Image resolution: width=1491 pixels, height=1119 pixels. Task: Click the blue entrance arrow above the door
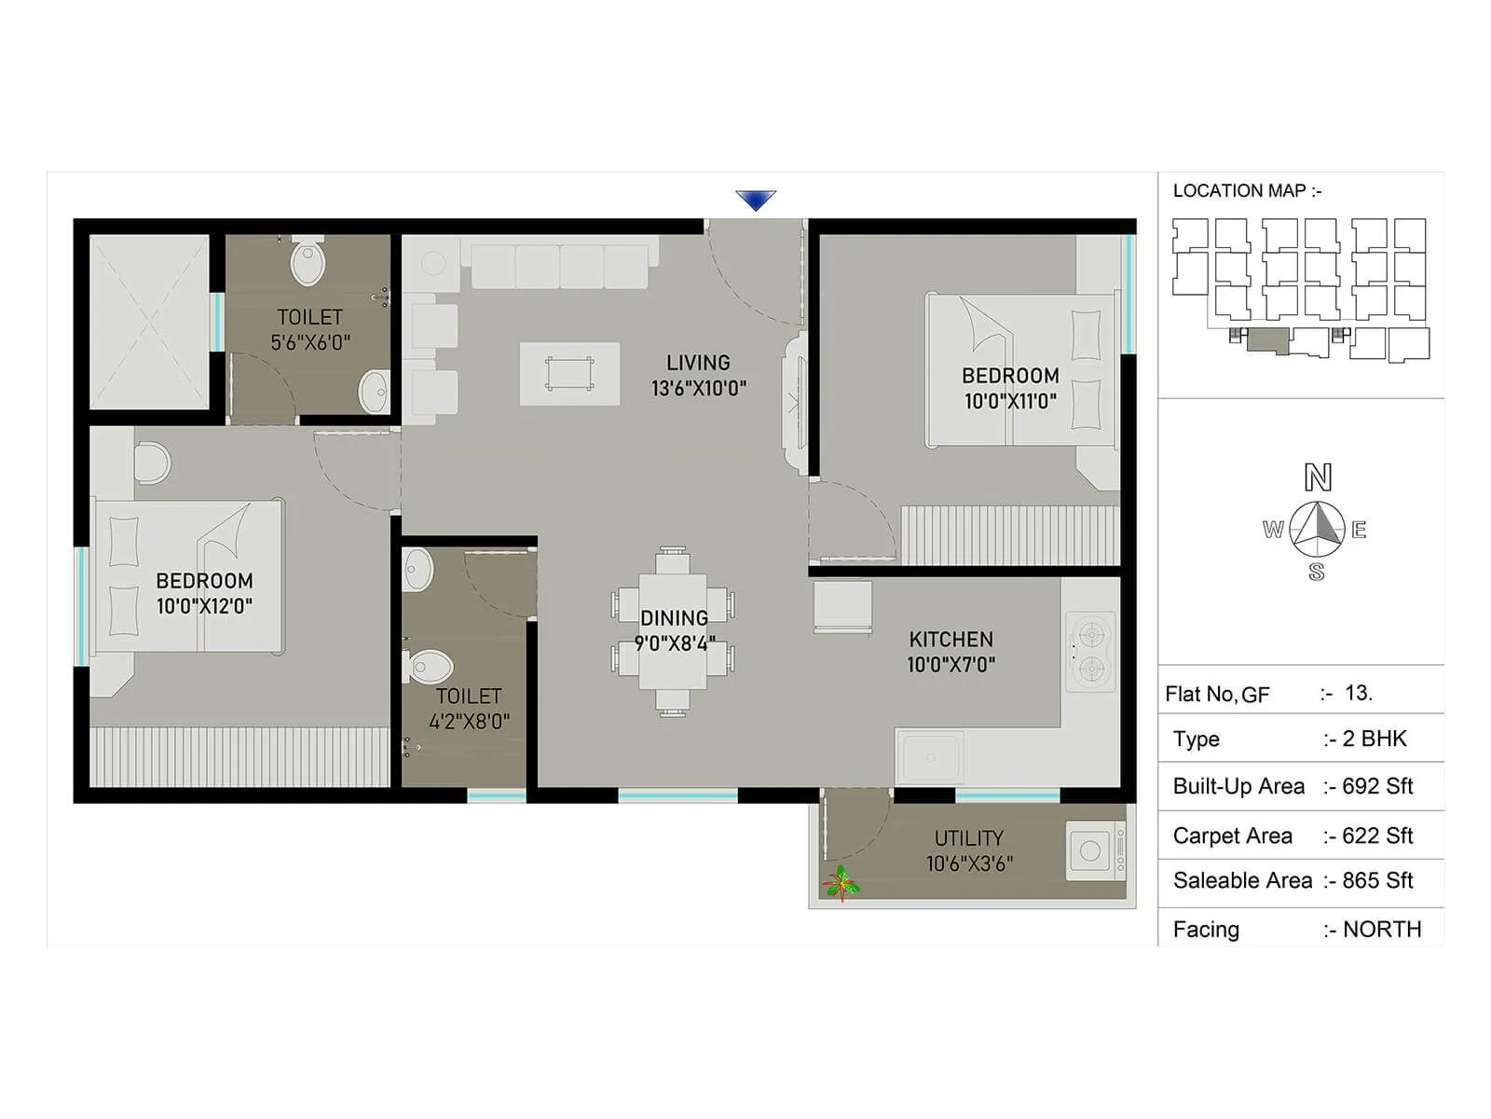tap(755, 200)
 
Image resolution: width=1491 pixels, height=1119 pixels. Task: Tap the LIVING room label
tap(698, 363)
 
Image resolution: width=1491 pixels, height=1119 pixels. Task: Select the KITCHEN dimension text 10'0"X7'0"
tap(951, 665)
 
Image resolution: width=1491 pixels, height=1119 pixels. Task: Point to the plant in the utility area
tap(841, 882)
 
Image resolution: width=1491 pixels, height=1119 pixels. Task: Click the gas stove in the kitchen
tap(1089, 652)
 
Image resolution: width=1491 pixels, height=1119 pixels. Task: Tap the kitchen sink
tap(931, 756)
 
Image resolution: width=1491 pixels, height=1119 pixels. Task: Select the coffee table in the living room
tap(569, 373)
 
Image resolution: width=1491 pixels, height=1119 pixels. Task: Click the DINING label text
tap(674, 618)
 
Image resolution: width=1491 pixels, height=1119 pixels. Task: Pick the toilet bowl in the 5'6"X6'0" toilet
tap(308, 262)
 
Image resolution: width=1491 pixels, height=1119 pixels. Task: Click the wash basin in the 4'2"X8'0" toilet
tap(417, 569)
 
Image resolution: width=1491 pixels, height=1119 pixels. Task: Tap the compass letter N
tap(1317, 477)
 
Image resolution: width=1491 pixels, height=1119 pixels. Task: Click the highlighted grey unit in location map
tap(1267, 339)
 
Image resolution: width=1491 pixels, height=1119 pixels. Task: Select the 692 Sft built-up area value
tap(1376, 786)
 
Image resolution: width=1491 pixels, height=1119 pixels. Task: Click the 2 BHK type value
tap(1374, 739)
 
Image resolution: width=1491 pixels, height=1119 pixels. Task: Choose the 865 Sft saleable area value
tap(1376, 880)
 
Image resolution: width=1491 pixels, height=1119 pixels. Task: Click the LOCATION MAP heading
tap(1246, 191)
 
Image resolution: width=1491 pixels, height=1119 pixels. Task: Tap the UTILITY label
tap(968, 838)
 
